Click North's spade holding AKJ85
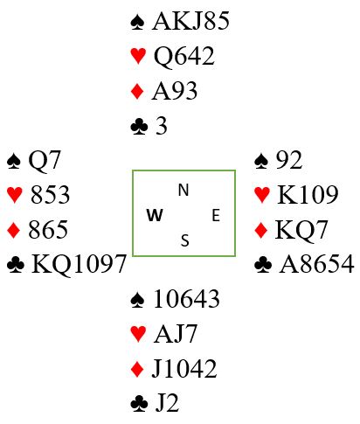coord(190,21)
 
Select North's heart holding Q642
coord(183,56)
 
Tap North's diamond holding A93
coord(174,91)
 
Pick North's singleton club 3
coord(162,126)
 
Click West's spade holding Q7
coord(45,160)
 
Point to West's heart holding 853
coord(50,195)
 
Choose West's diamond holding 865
coord(48,230)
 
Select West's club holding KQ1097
coord(79,264)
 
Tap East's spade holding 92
coord(289,160)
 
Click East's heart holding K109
coord(308,195)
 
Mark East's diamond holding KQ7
coord(301,230)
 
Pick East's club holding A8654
coord(316,264)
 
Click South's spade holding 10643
coord(186,299)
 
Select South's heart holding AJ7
coord(176,334)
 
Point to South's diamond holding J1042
coord(184,369)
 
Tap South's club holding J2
coord(167,403)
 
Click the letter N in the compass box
coord(183,190)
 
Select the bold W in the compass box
coord(155,216)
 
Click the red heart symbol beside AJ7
coord(138,334)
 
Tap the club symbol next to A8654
coord(263,265)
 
